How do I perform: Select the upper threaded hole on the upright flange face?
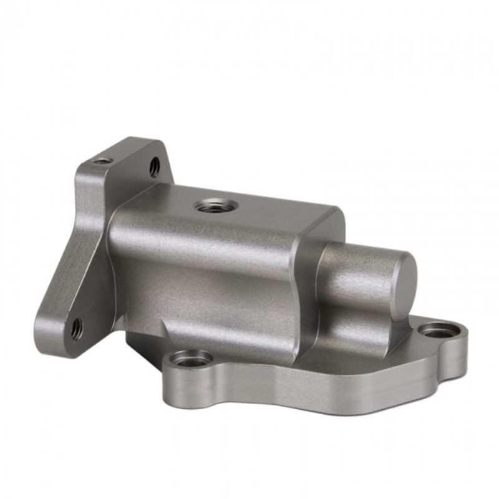[154, 167]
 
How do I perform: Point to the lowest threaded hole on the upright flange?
[76, 328]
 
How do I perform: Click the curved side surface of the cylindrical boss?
[356, 274]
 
